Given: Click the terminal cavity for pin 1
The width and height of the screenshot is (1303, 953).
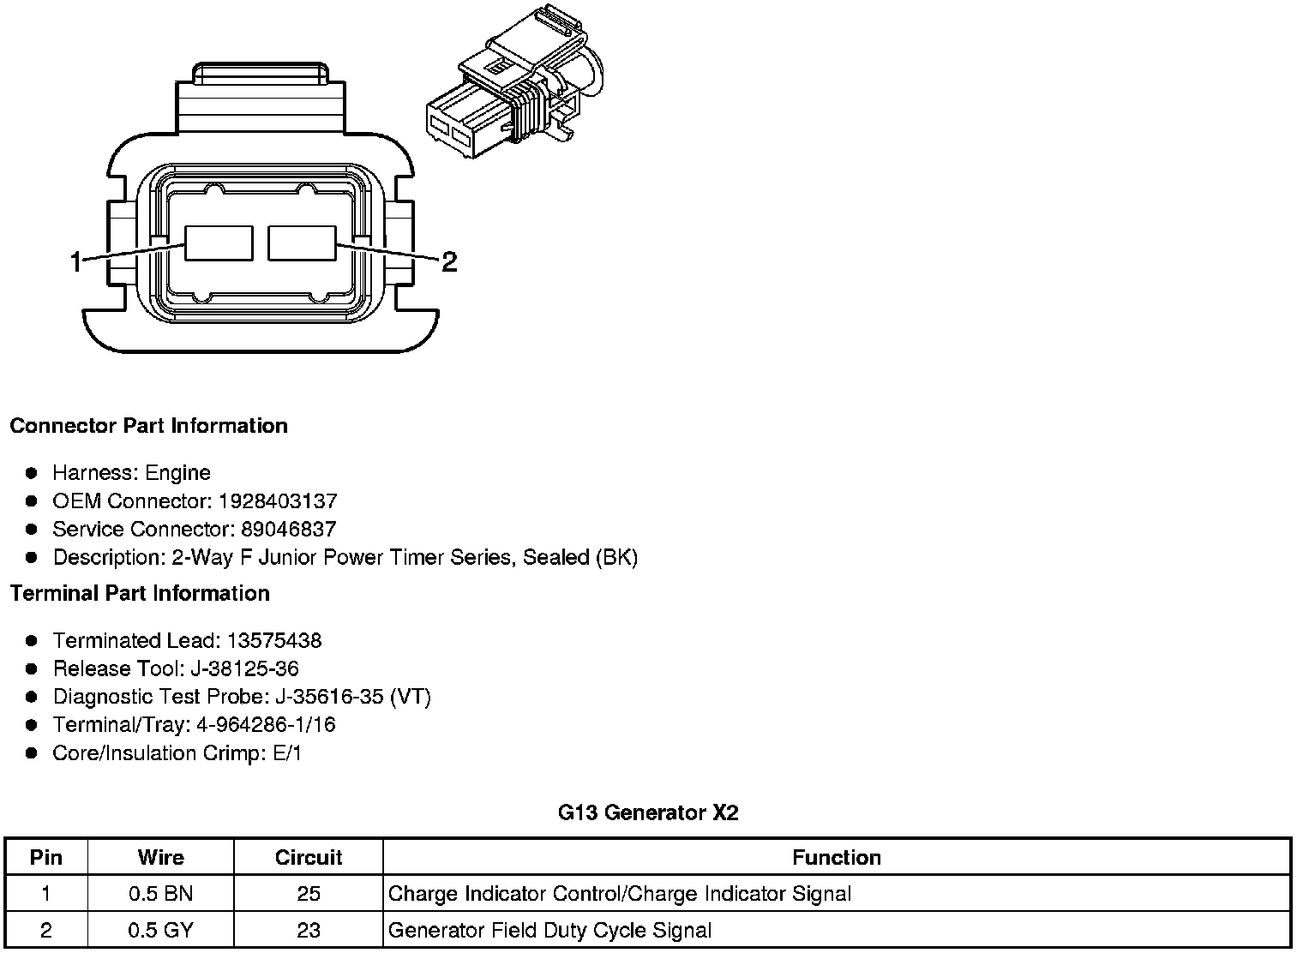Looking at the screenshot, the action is (219, 243).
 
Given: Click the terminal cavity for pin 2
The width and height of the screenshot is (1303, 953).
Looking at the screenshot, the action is (302, 243).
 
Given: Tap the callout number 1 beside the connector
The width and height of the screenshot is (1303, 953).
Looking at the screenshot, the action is (75, 261).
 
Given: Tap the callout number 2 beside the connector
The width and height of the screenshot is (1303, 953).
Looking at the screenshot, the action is (449, 261).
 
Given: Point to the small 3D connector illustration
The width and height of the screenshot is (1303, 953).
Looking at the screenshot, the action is (515, 81).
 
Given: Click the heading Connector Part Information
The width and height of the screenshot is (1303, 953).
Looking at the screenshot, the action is (149, 426).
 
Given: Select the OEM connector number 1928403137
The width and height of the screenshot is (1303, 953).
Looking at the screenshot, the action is (278, 500).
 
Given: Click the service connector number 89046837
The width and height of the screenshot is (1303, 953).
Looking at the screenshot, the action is (289, 529).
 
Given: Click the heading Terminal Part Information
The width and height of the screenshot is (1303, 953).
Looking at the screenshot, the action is (141, 593).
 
